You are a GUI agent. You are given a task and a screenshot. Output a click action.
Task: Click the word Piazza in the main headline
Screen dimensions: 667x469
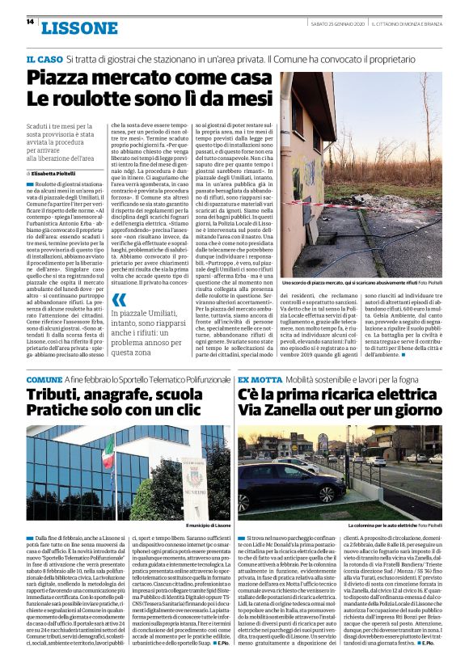pos(65,78)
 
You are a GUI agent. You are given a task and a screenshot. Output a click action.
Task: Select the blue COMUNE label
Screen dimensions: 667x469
pos(44,379)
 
